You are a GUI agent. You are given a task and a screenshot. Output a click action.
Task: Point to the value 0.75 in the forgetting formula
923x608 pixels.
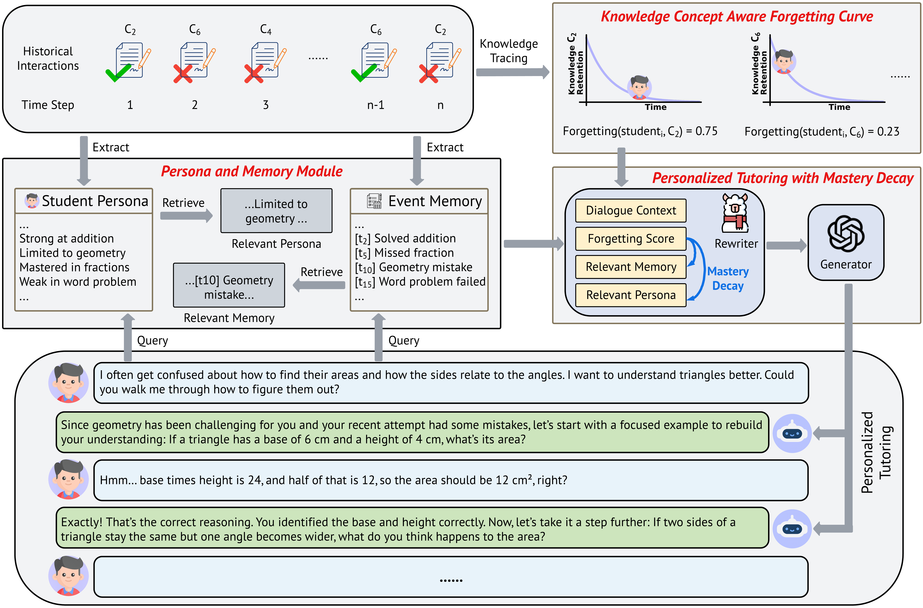click(x=706, y=131)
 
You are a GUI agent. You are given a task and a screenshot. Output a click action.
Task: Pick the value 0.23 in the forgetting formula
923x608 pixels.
click(x=888, y=131)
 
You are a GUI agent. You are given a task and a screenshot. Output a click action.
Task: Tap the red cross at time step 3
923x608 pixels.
click(x=254, y=74)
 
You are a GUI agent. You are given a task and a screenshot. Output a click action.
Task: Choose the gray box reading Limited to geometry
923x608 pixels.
click(x=276, y=211)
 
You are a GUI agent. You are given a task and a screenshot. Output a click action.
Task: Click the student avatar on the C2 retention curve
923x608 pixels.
click(x=639, y=87)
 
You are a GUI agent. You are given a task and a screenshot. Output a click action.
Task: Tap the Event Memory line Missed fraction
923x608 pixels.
click(x=404, y=253)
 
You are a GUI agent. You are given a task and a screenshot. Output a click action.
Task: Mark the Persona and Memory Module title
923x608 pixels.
click(x=252, y=171)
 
